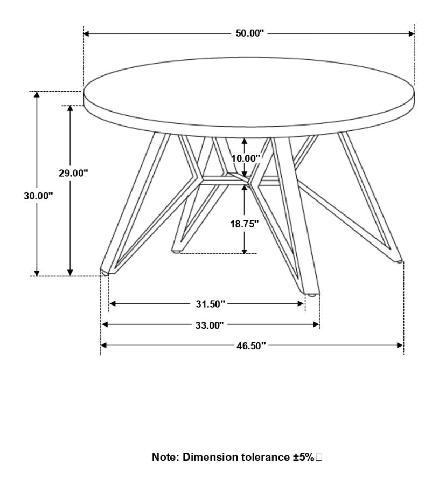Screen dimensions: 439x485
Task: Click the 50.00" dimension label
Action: pyautogui.click(x=250, y=33)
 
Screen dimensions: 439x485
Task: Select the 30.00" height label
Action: pyautogui.click(x=39, y=196)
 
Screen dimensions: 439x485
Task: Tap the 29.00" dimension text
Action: pyautogui.click(x=74, y=173)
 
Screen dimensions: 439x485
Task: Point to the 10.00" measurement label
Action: pyautogui.click(x=246, y=158)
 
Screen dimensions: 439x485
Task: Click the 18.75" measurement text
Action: pyautogui.click(x=244, y=224)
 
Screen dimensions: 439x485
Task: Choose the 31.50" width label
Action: pyautogui.click(x=210, y=304)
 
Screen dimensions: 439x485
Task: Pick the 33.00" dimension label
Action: pyautogui.click(x=210, y=325)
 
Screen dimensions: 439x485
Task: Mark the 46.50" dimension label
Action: pyautogui.click(x=251, y=345)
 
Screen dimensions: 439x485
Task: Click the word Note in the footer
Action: pyautogui.click(x=165, y=457)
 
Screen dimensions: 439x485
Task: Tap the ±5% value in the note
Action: pyautogui.click(x=304, y=457)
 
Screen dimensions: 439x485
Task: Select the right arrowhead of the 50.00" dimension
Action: pyautogui.click(x=412, y=34)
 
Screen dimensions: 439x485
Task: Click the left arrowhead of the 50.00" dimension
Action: pyautogui.click(x=87, y=34)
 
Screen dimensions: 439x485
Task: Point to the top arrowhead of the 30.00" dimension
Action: pyautogui.click(x=37, y=95)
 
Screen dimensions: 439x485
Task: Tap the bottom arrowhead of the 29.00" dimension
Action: pyautogui.click(x=70, y=273)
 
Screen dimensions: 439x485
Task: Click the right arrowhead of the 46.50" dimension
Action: pyautogui.click(x=400, y=345)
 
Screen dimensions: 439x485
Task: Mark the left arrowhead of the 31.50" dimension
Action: pyautogui.click(x=113, y=303)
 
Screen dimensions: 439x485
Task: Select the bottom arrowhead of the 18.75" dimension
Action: pyautogui.click(x=245, y=251)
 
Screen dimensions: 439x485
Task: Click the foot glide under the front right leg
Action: pyautogui.click(x=312, y=295)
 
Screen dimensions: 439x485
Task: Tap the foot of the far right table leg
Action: pyautogui.click(x=398, y=262)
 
